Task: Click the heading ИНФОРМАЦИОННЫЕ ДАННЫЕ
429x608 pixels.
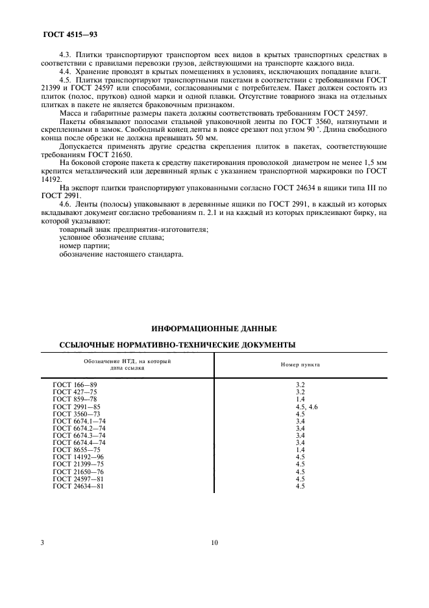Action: [x=214, y=328]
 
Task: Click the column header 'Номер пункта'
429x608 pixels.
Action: [x=299, y=364]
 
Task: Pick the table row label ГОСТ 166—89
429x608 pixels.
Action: [x=74, y=385]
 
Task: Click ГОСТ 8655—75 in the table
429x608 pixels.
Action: [x=76, y=450]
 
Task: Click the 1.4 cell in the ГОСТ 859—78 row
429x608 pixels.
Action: [x=300, y=399]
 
